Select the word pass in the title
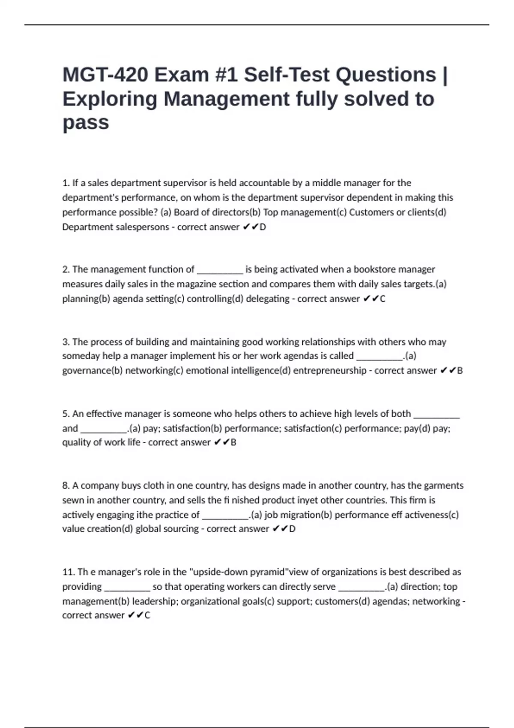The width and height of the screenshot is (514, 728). click(x=86, y=122)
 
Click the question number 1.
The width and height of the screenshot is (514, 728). click(x=66, y=183)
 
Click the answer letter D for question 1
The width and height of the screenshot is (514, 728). click(x=263, y=227)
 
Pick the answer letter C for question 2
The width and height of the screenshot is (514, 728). click(x=383, y=299)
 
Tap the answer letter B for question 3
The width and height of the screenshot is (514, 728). click(x=460, y=371)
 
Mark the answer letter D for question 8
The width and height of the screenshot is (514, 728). click(x=293, y=529)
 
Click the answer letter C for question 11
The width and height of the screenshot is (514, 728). click(x=147, y=615)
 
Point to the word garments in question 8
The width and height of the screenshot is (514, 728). click(x=443, y=486)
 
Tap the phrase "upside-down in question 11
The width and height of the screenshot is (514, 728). click(x=219, y=572)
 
